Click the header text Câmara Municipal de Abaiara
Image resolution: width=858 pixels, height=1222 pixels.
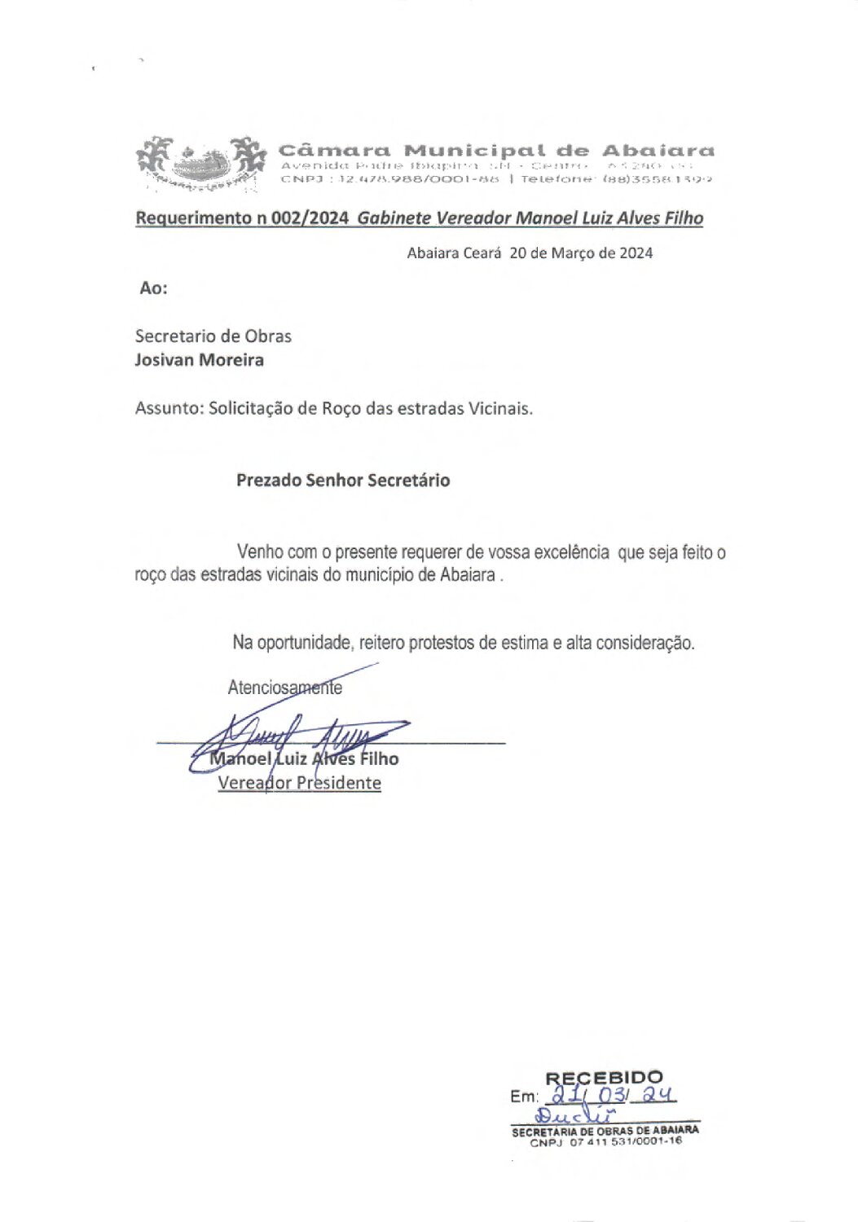(x=496, y=151)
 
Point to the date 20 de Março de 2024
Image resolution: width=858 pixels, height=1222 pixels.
(x=581, y=253)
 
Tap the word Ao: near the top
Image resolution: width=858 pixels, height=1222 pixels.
(x=153, y=288)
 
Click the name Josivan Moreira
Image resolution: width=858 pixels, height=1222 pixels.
(x=199, y=360)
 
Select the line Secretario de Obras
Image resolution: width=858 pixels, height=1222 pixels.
(x=213, y=336)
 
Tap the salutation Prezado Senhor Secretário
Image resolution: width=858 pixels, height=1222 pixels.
(x=342, y=480)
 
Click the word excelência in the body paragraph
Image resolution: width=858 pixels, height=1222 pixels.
(x=571, y=552)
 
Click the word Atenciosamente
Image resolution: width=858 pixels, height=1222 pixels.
(x=284, y=688)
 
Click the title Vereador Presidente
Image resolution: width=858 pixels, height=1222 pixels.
(x=299, y=783)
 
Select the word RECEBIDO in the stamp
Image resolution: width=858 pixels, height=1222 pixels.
(x=604, y=1079)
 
